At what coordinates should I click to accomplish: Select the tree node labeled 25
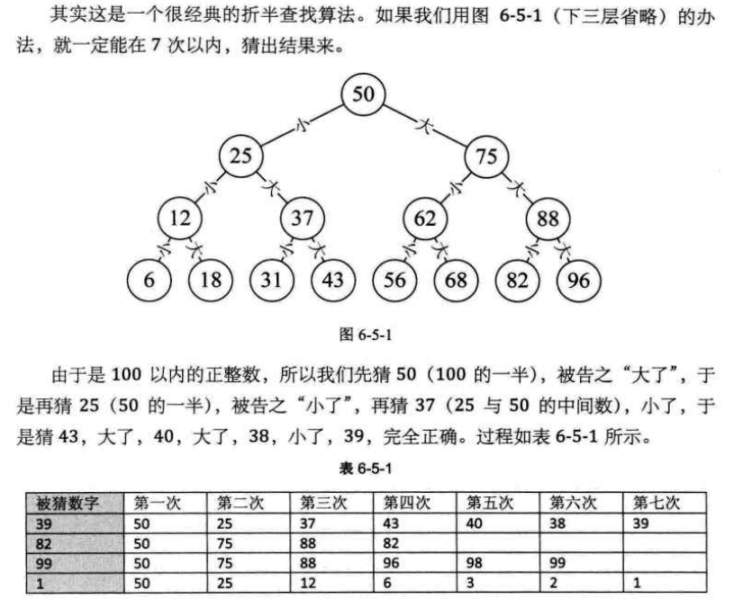pos(240,156)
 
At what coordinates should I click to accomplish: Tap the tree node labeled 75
pos(485,156)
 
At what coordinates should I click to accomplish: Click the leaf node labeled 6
pos(149,280)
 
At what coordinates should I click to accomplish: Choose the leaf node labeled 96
pos(578,280)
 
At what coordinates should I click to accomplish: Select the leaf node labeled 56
pos(394,280)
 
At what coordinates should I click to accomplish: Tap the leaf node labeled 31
pos(271,280)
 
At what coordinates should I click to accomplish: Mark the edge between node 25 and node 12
pos(210,187)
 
